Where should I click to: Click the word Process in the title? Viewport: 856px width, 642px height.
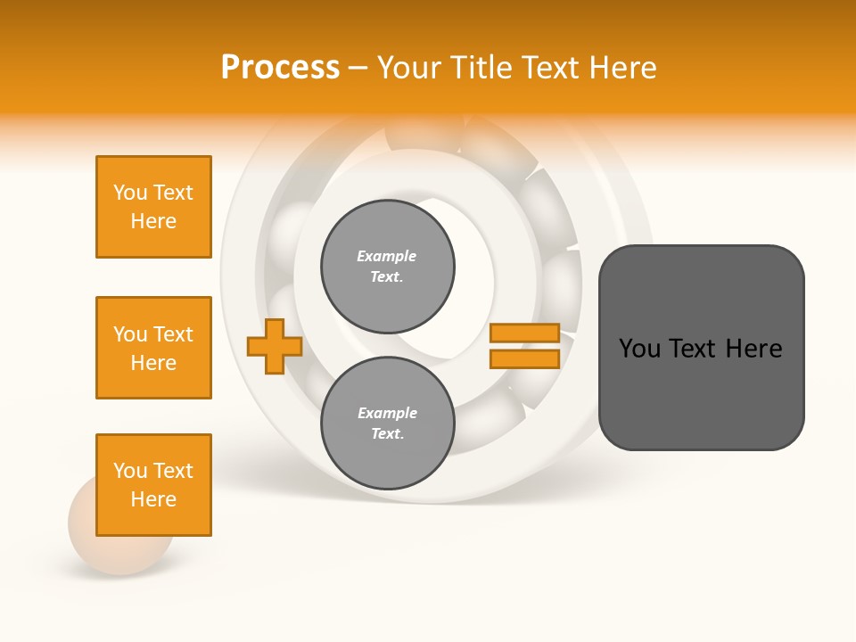[x=280, y=68]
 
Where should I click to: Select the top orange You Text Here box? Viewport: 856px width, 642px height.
[x=153, y=207]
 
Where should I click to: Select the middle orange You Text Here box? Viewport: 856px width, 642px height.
[x=153, y=348]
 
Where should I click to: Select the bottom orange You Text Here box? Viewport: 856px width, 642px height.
[x=153, y=485]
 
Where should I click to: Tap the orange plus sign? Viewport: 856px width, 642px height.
[x=275, y=346]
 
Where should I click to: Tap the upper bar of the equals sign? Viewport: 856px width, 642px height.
[x=524, y=333]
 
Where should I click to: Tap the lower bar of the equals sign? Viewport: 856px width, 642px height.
[x=524, y=358]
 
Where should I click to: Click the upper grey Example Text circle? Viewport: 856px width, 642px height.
[x=387, y=267]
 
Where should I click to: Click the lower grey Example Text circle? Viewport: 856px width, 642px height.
[x=387, y=424]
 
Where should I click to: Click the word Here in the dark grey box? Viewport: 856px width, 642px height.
[x=753, y=349]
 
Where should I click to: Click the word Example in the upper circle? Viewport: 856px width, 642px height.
[x=387, y=256]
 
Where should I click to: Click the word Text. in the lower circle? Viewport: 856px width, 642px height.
[x=387, y=434]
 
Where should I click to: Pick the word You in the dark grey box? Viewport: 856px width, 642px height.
[x=639, y=349]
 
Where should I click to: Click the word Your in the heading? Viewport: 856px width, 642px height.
[x=408, y=68]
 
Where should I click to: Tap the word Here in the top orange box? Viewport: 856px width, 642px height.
[x=153, y=221]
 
